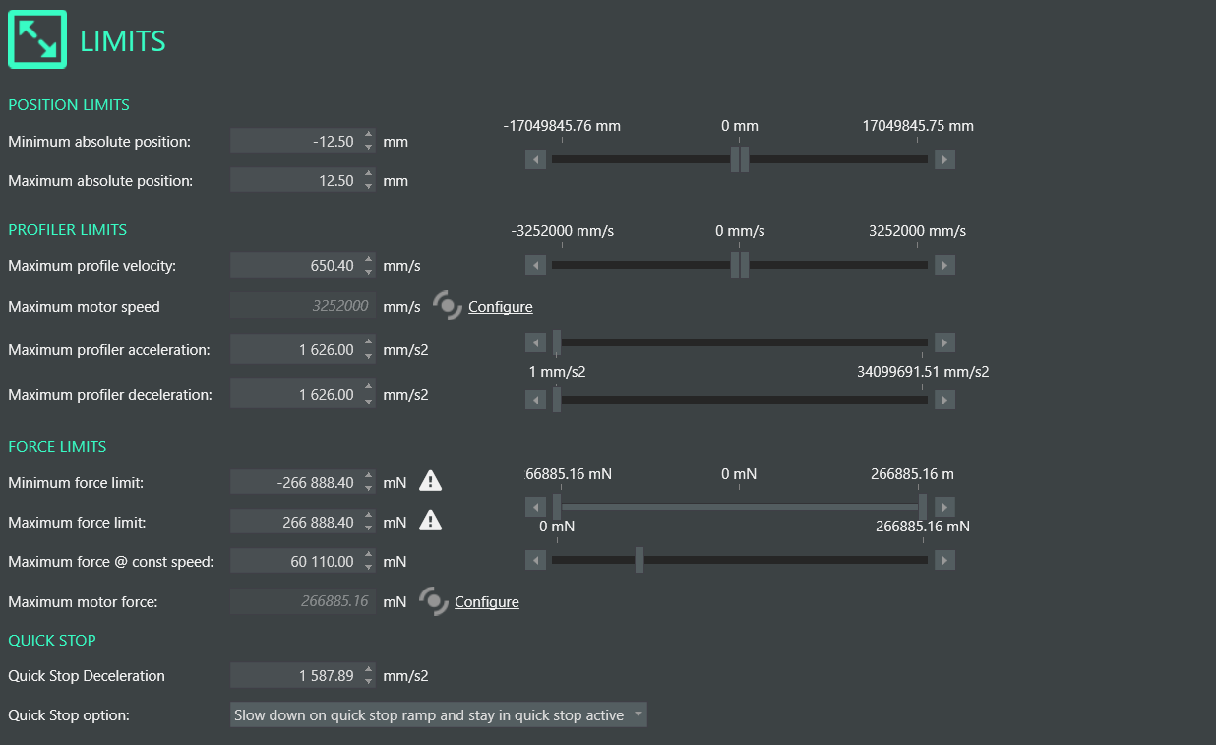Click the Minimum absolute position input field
[294, 141]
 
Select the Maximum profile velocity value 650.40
[294, 265]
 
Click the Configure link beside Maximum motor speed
[500, 306]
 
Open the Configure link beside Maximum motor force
[486, 601]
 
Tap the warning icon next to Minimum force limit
[431, 481]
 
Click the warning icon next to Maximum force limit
[431, 521]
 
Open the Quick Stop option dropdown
[439, 715]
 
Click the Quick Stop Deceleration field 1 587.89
[294, 676]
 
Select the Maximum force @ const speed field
[294, 562]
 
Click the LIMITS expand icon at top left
[37, 39]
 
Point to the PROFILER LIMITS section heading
[68, 229]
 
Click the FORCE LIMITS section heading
[57, 446]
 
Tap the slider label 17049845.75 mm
[918, 126]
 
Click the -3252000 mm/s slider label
[563, 231]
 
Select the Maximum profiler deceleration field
[294, 395]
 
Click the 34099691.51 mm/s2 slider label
[923, 372]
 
